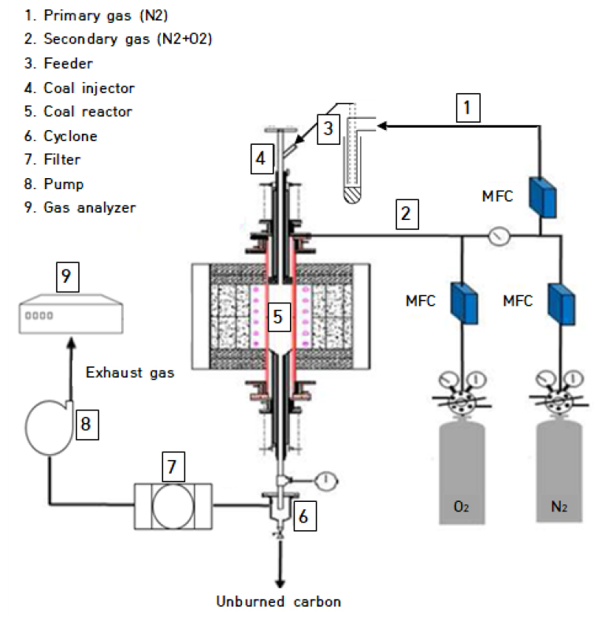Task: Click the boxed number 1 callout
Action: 468,107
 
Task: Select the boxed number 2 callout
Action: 407,214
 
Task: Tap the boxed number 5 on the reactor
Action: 279,317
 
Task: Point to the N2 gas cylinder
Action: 559,471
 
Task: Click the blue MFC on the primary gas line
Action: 543,197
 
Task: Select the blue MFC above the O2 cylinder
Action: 465,303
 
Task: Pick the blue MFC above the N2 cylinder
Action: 562,304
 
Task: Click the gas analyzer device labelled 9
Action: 71,314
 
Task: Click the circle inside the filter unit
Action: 173,507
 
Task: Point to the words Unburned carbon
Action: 279,602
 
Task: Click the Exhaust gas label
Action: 130,372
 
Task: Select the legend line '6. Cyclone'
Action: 61,136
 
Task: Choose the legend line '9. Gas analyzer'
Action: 80,207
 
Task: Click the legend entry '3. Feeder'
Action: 58,63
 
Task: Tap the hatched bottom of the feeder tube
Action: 352,195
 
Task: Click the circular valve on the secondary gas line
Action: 499,236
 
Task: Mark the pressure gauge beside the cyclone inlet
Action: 326,481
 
